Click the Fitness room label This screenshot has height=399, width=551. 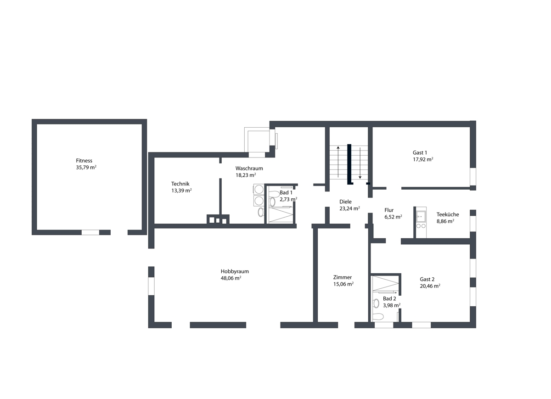tap(84, 161)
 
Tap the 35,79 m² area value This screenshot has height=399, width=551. tap(86, 168)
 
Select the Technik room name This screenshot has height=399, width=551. tap(180, 184)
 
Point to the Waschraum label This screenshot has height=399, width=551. tap(249, 169)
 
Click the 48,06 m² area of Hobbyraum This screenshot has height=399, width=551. tap(231, 278)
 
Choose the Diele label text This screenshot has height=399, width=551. tap(345, 202)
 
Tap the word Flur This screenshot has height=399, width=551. tap(389, 210)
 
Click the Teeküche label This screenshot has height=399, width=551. tap(448, 214)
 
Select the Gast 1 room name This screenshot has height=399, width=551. tap(420, 152)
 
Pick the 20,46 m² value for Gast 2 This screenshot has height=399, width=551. tap(430, 286)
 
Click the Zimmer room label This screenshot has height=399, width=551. tap(343, 277)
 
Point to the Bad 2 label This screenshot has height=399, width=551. tap(389, 298)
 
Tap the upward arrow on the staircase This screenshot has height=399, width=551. tap(338, 162)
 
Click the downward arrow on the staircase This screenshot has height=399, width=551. tap(360, 163)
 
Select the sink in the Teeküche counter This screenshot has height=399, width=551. tap(421, 216)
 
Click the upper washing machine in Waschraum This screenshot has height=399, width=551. tap(259, 190)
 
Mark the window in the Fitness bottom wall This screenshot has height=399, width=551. tap(90, 232)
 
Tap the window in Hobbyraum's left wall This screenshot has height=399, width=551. tap(151, 286)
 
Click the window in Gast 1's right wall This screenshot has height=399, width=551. tap(473, 177)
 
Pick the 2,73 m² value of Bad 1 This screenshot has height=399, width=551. tap(288, 199)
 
